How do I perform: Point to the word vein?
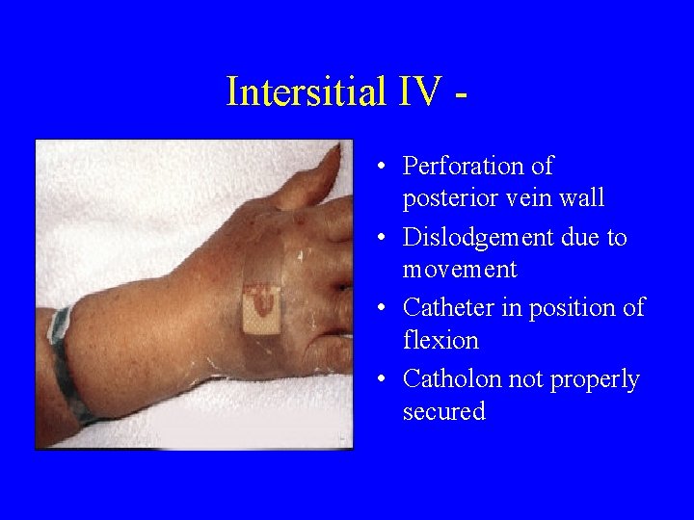pos(536,199)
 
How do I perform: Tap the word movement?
pos(460,270)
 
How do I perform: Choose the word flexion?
pos(440,341)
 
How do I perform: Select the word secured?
pos(443,412)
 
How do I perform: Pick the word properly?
pos(595,379)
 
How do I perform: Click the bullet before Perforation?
pos(383,167)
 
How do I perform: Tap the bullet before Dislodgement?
pos(383,237)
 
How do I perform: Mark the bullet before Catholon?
pos(383,379)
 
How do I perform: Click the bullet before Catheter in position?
pos(383,308)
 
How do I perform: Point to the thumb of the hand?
pos(313,178)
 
